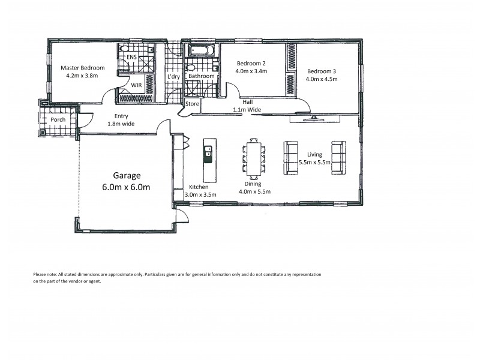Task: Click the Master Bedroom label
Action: coord(83,68)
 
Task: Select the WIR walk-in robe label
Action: coord(136,86)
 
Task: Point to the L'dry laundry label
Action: coord(173,76)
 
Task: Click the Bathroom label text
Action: coord(201,76)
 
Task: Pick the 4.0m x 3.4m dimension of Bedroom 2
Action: coord(251,71)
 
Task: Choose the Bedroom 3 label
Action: coord(322,71)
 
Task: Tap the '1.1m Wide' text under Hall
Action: coord(247,110)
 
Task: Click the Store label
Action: coord(192,104)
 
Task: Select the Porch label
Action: coord(58,119)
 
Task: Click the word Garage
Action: coord(127,176)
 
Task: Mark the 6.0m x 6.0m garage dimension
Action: coord(127,187)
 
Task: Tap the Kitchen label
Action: coord(199,187)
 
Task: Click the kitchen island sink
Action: coord(208,151)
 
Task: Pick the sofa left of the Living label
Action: coord(291,158)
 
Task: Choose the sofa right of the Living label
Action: coord(339,158)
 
